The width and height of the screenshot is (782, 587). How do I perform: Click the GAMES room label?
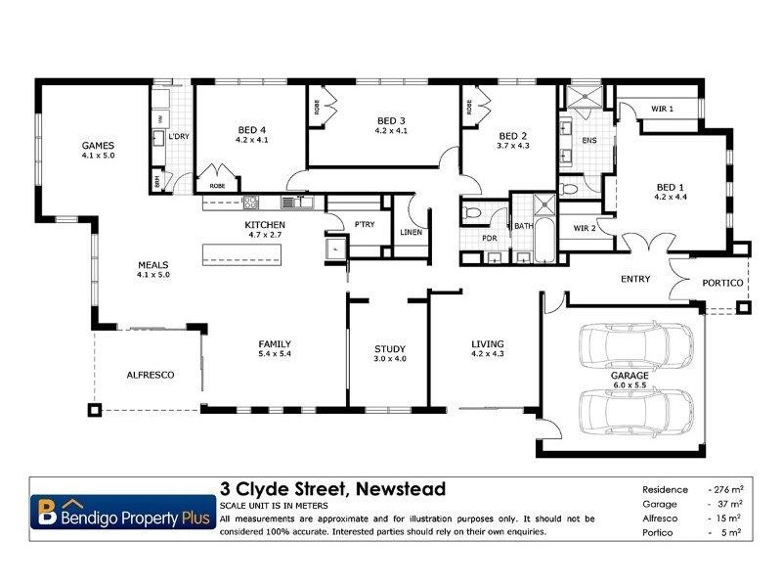tap(98, 146)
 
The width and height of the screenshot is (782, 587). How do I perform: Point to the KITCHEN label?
tap(264, 225)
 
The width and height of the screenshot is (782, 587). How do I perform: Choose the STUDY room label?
tap(390, 348)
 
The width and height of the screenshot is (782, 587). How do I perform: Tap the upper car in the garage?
tap(636, 343)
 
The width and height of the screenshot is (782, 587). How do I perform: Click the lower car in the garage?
tap(636, 410)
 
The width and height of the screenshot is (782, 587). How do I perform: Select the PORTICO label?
tap(722, 284)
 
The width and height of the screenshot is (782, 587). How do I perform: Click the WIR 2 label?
tap(583, 229)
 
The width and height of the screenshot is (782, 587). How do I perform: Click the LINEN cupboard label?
tap(412, 232)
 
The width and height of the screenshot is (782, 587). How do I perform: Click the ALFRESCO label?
tap(151, 375)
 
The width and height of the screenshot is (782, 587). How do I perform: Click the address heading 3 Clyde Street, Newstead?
tap(332, 488)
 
